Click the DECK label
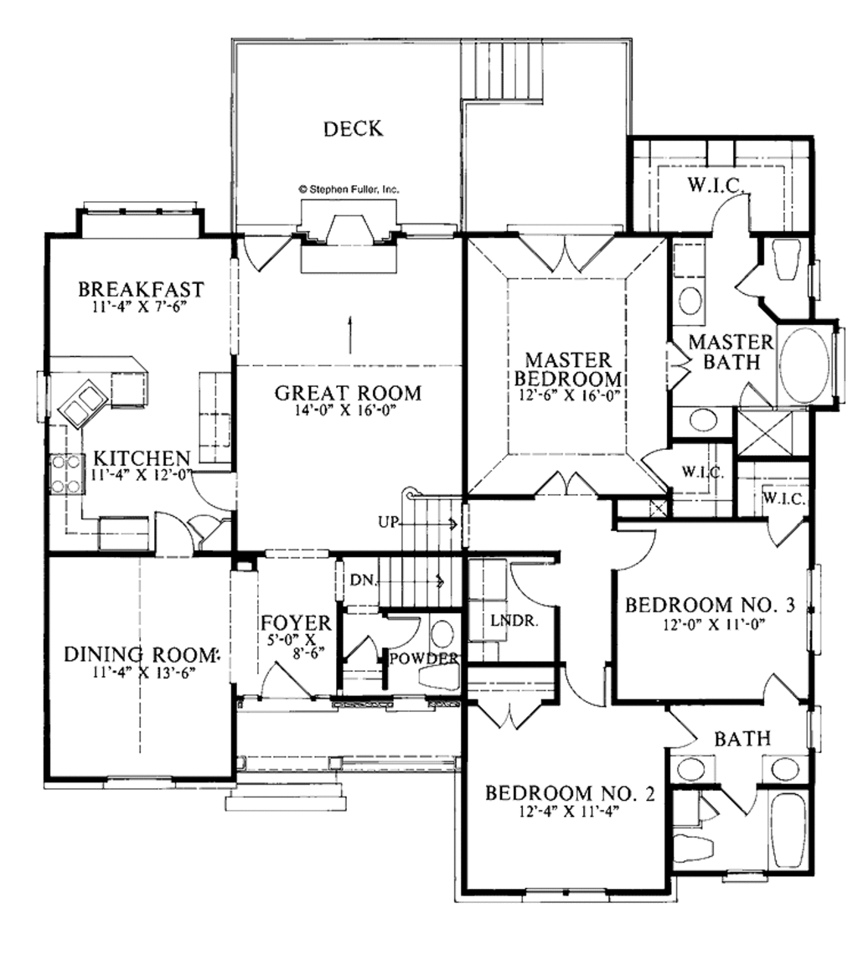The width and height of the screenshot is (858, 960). [x=353, y=128]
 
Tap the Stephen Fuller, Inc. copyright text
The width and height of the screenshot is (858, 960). [x=349, y=190]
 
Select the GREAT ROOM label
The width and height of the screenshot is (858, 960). [x=348, y=392]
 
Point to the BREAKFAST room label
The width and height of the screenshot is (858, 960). [x=141, y=289]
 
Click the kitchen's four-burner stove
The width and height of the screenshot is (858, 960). [x=66, y=473]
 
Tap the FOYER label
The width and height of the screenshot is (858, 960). [x=296, y=623]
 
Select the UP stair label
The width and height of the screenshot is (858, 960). [x=388, y=523]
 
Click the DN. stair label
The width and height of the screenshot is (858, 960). [x=363, y=580]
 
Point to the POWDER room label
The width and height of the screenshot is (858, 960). [x=424, y=658]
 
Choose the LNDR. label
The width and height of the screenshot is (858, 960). [x=514, y=621]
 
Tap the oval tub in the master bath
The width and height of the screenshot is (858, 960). [x=804, y=365]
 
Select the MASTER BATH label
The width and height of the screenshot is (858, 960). [x=731, y=352]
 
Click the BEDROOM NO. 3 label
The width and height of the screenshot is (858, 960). [x=710, y=605]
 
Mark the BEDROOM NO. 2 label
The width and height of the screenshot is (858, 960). [x=570, y=793]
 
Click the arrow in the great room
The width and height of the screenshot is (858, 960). [x=349, y=335]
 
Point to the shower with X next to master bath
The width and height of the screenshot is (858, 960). [x=764, y=433]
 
